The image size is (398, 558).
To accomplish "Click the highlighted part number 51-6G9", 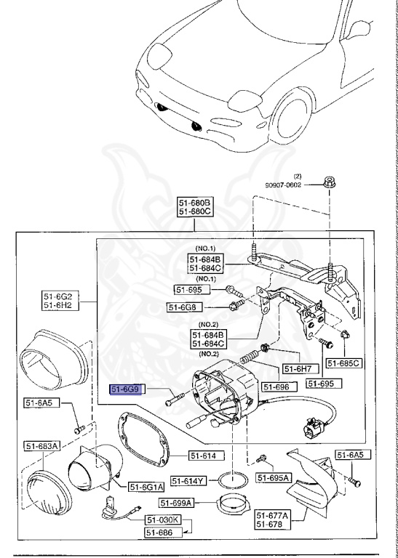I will point(127,389).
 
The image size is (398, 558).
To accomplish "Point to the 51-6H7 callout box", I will point(297,368).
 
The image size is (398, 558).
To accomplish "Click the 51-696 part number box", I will point(276,387).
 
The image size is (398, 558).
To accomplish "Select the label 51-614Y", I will point(188,481).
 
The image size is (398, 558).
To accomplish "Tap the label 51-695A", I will point(273,477).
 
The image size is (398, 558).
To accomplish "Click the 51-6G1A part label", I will point(146,486).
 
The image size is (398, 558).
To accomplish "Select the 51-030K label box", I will point(162,519).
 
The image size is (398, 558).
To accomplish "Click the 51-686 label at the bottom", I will point(162,533).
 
